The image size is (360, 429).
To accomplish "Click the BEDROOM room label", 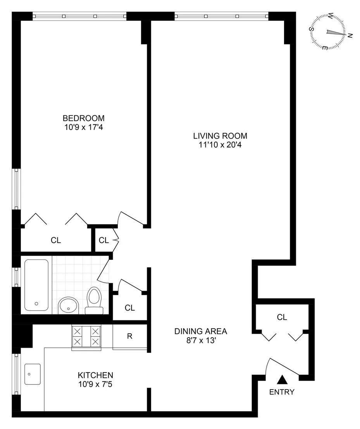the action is click(x=83, y=118).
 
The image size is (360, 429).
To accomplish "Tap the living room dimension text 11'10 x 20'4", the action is click(x=220, y=145).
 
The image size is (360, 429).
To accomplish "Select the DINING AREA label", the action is click(x=201, y=331).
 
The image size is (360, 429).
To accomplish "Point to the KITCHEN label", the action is click(x=95, y=375).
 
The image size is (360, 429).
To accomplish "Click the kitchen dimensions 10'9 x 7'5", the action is click(x=95, y=384).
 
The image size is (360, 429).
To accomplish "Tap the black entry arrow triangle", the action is click(x=282, y=379).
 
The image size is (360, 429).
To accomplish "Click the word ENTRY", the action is click(x=282, y=392).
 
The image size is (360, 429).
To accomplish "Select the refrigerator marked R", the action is click(x=130, y=336).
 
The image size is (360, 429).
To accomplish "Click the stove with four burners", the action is click(x=86, y=337).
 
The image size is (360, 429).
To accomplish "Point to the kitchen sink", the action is click(x=32, y=374).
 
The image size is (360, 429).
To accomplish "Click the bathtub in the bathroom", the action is click(x=36, y=285).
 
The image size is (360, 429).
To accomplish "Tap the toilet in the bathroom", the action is click(x=94, y=301).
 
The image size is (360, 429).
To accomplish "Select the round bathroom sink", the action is click(x=69, y=306).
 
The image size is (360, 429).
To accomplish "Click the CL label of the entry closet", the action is click(x=282, y=317).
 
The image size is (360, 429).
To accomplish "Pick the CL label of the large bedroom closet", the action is click(x=56, y=240).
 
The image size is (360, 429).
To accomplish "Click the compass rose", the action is click(x=327, y=32).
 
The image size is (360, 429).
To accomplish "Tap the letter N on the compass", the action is click(x=350, y=35).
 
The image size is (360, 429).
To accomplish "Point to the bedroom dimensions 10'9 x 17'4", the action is click(x=83, y=127).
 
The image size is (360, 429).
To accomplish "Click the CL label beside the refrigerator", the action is click(x=130, y=308).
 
